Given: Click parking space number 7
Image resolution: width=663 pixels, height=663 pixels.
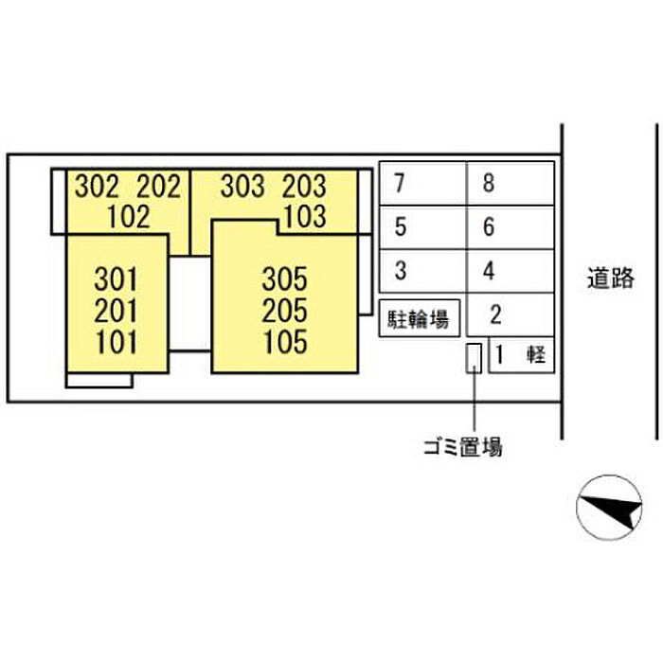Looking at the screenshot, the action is pos(422,184).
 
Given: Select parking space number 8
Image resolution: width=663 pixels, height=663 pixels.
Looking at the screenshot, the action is pos(511,184).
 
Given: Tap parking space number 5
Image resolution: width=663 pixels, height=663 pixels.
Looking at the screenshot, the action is pos(422,227).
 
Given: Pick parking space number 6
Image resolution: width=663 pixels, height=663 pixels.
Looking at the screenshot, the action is pos(511,227).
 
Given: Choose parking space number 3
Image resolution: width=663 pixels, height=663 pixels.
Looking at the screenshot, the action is pos(422,271).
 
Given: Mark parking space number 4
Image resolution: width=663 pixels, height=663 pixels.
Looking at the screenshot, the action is pos(511,271).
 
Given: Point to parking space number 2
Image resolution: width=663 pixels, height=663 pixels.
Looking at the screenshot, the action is pos(511,314).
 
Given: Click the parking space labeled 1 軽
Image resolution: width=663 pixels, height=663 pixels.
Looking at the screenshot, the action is pos(521,355).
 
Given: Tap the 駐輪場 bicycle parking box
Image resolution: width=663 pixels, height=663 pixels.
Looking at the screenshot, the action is pos(419,318).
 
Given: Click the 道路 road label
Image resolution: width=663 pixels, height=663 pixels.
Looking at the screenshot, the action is pos(611,278).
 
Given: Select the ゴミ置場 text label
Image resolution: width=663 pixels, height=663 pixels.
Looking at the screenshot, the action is pos(463,446).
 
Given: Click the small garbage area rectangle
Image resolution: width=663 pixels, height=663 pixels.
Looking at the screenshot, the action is pos(474,358).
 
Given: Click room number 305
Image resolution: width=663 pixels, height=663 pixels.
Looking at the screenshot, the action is pos(284,279).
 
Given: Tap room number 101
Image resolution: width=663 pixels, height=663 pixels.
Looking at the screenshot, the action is pos(116,342).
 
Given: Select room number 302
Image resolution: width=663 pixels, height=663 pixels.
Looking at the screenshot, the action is pos(97,186).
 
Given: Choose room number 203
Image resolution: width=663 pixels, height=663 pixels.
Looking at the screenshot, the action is pos(304,186).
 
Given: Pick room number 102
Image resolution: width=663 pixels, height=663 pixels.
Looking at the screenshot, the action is pos(129,217).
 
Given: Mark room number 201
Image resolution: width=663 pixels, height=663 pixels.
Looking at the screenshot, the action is pos(116,311).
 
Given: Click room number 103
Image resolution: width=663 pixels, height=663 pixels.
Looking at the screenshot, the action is pos(305,217).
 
